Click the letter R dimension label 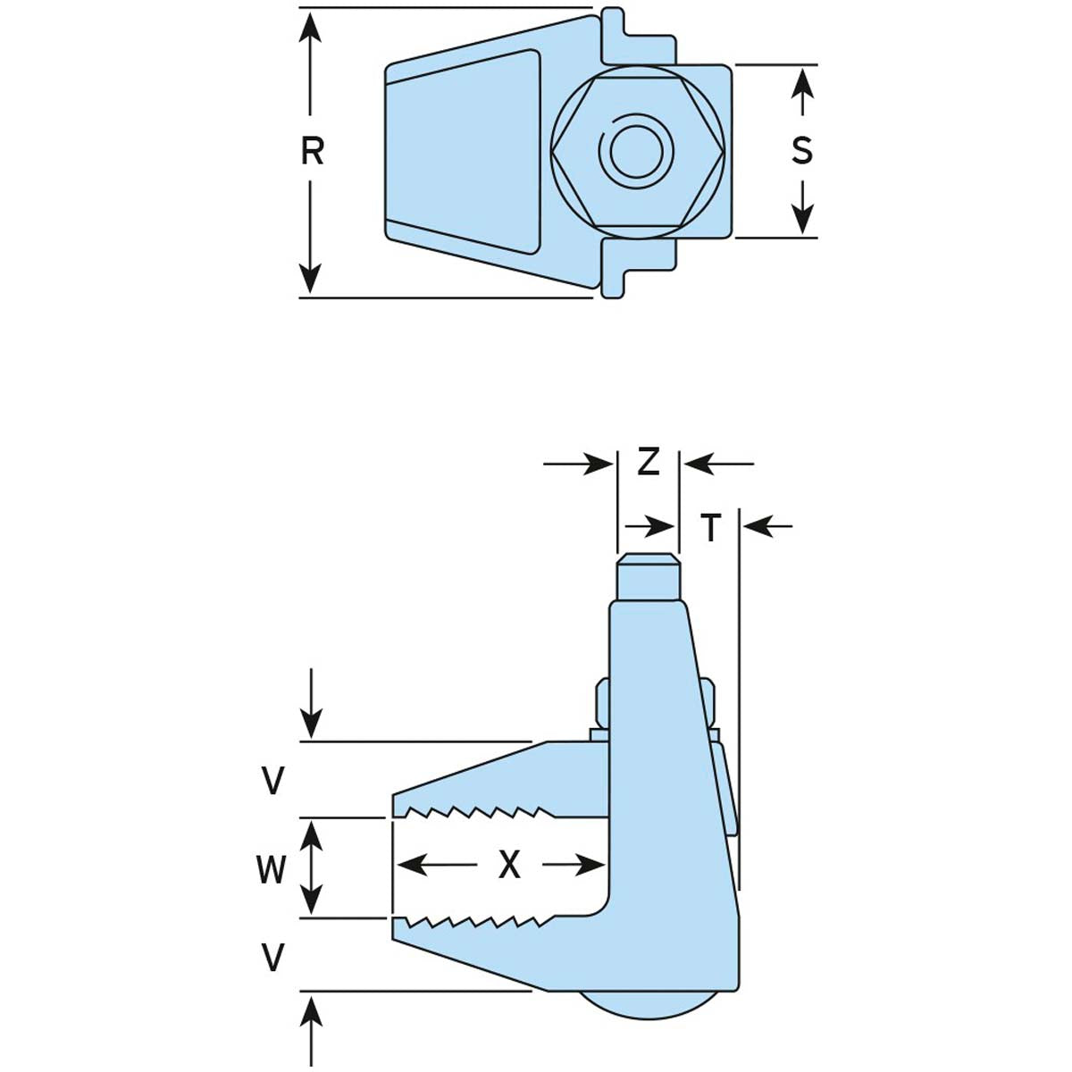[x=312, y=152]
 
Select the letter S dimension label [x=802, y=150]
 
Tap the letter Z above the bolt [x=648, y=462]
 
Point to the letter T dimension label [x=710, y=528]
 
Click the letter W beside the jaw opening [x=272, y=868]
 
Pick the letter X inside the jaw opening [x=509, y=865]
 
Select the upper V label [x=273, y=782]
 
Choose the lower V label [x=273, y=959]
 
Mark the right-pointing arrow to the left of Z [x=599, y=464]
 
